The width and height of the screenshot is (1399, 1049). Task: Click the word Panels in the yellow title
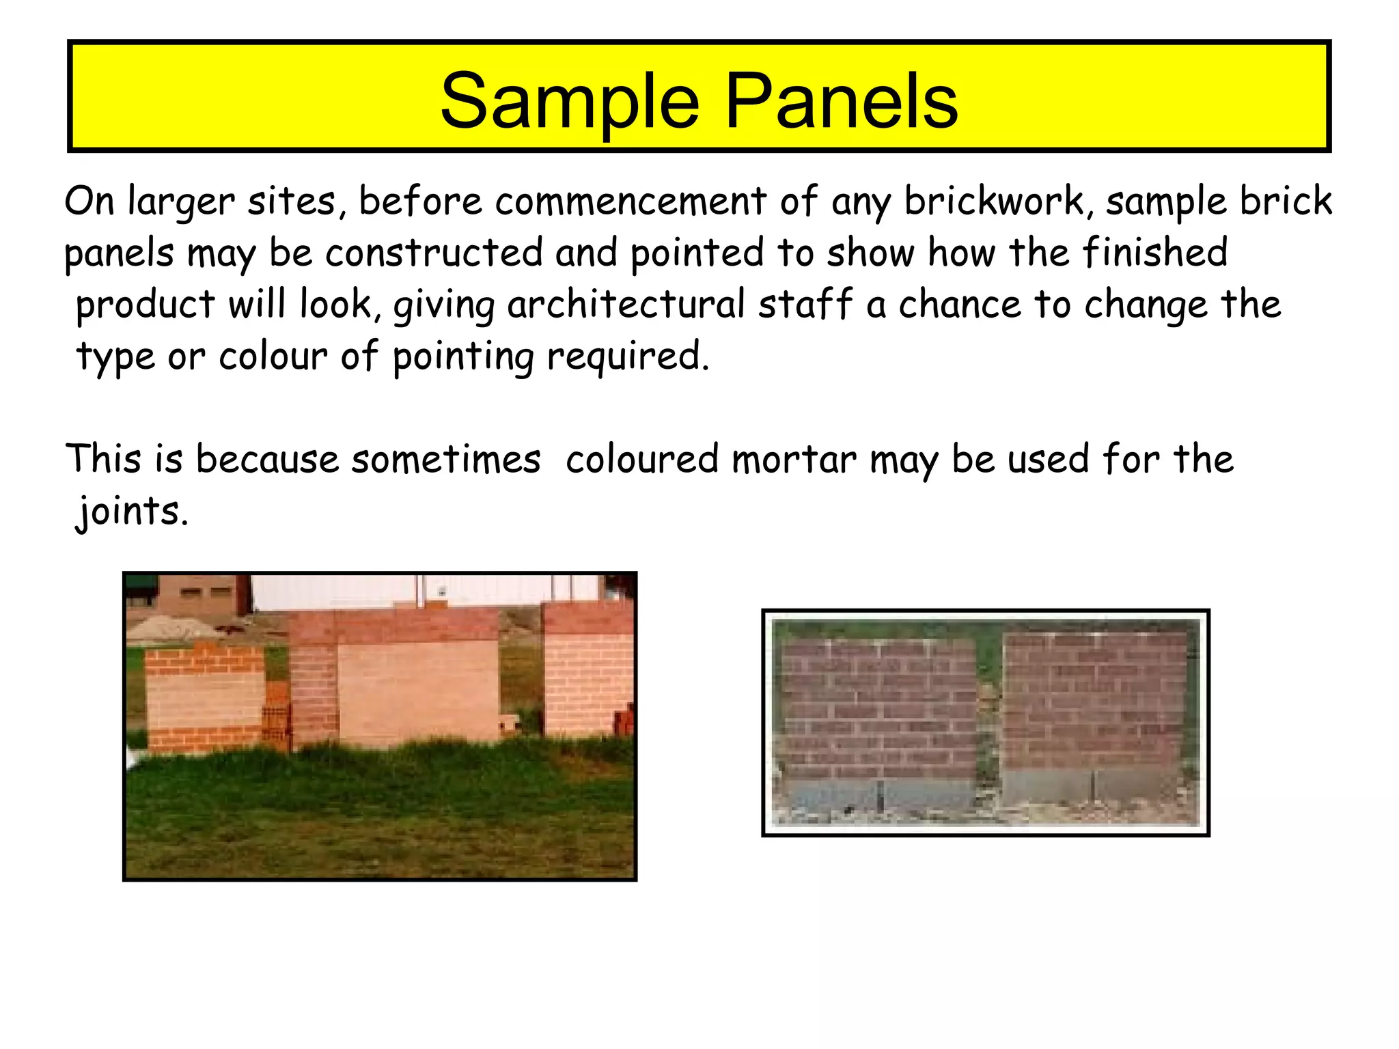(x=841, y=102)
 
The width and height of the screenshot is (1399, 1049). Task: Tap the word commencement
(x=631, y=201)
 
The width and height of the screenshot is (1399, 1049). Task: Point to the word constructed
(x=433, y=253)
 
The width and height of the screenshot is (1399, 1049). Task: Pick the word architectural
(x=626, y=305)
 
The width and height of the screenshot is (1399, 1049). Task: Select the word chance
(x=960, y=305)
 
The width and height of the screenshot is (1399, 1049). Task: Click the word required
(x=627, y=357)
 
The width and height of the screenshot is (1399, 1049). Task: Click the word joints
(x=131, y=511)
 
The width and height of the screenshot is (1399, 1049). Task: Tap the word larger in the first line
(x=181, y=203)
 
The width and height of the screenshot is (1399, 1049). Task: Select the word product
(x=146, y=305)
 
